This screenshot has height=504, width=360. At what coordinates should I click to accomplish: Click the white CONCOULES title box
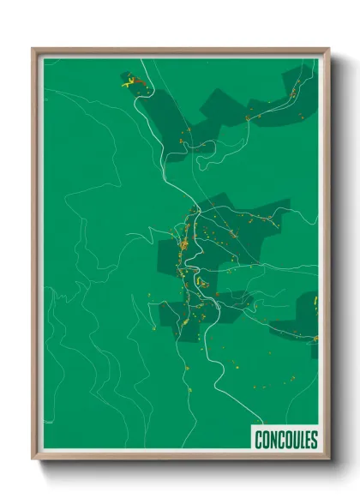click(285, 440)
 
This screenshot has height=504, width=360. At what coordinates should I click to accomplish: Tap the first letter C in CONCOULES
click(258, 441)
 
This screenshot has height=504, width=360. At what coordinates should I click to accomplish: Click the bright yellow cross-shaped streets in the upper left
click(130, 83)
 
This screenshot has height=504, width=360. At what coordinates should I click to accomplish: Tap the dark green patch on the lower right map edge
click(300, 321)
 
